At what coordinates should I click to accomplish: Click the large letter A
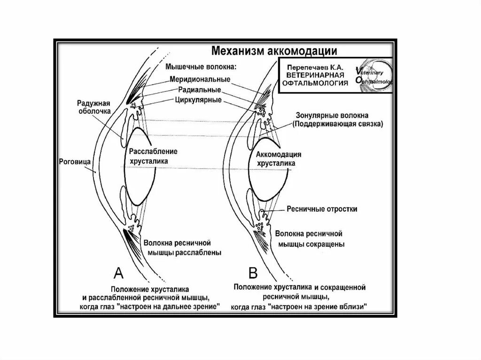point(118,273)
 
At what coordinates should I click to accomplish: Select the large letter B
point(253,273)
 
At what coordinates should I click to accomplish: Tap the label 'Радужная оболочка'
point(94,107)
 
